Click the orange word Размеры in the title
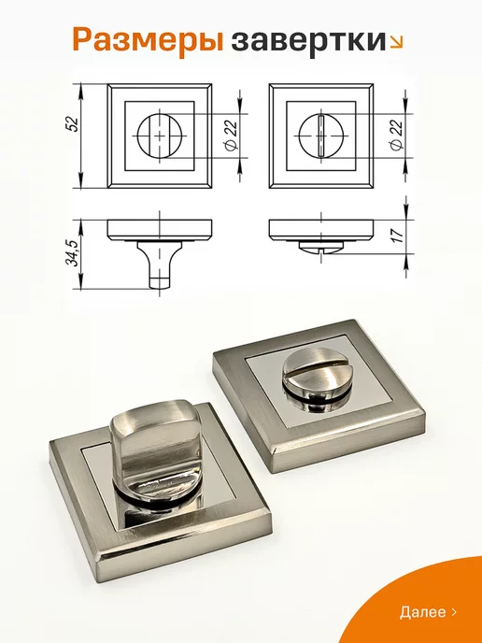point(148,41)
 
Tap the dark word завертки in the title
point(309,40)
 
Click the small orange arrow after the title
point(396,41)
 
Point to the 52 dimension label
point(73,124)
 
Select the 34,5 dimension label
point(73,254)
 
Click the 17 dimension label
point(398,235)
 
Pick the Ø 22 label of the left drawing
point(232,136)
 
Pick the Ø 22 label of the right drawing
point(397,136)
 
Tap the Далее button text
point(422,612)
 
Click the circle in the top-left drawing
point(138,136)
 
